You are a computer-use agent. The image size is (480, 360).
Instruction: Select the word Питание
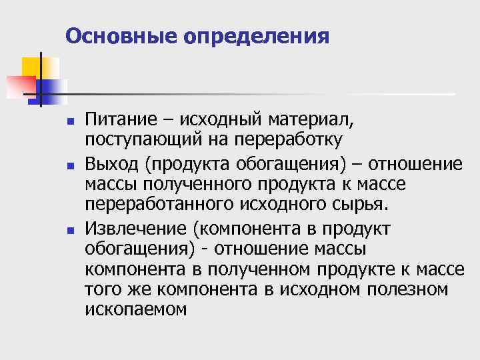click(117, 121)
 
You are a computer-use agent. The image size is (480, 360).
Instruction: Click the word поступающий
click(141, 140)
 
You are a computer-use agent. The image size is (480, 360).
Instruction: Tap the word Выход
click(109, 164)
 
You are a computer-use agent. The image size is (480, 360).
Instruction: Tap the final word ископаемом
click(136, 309)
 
